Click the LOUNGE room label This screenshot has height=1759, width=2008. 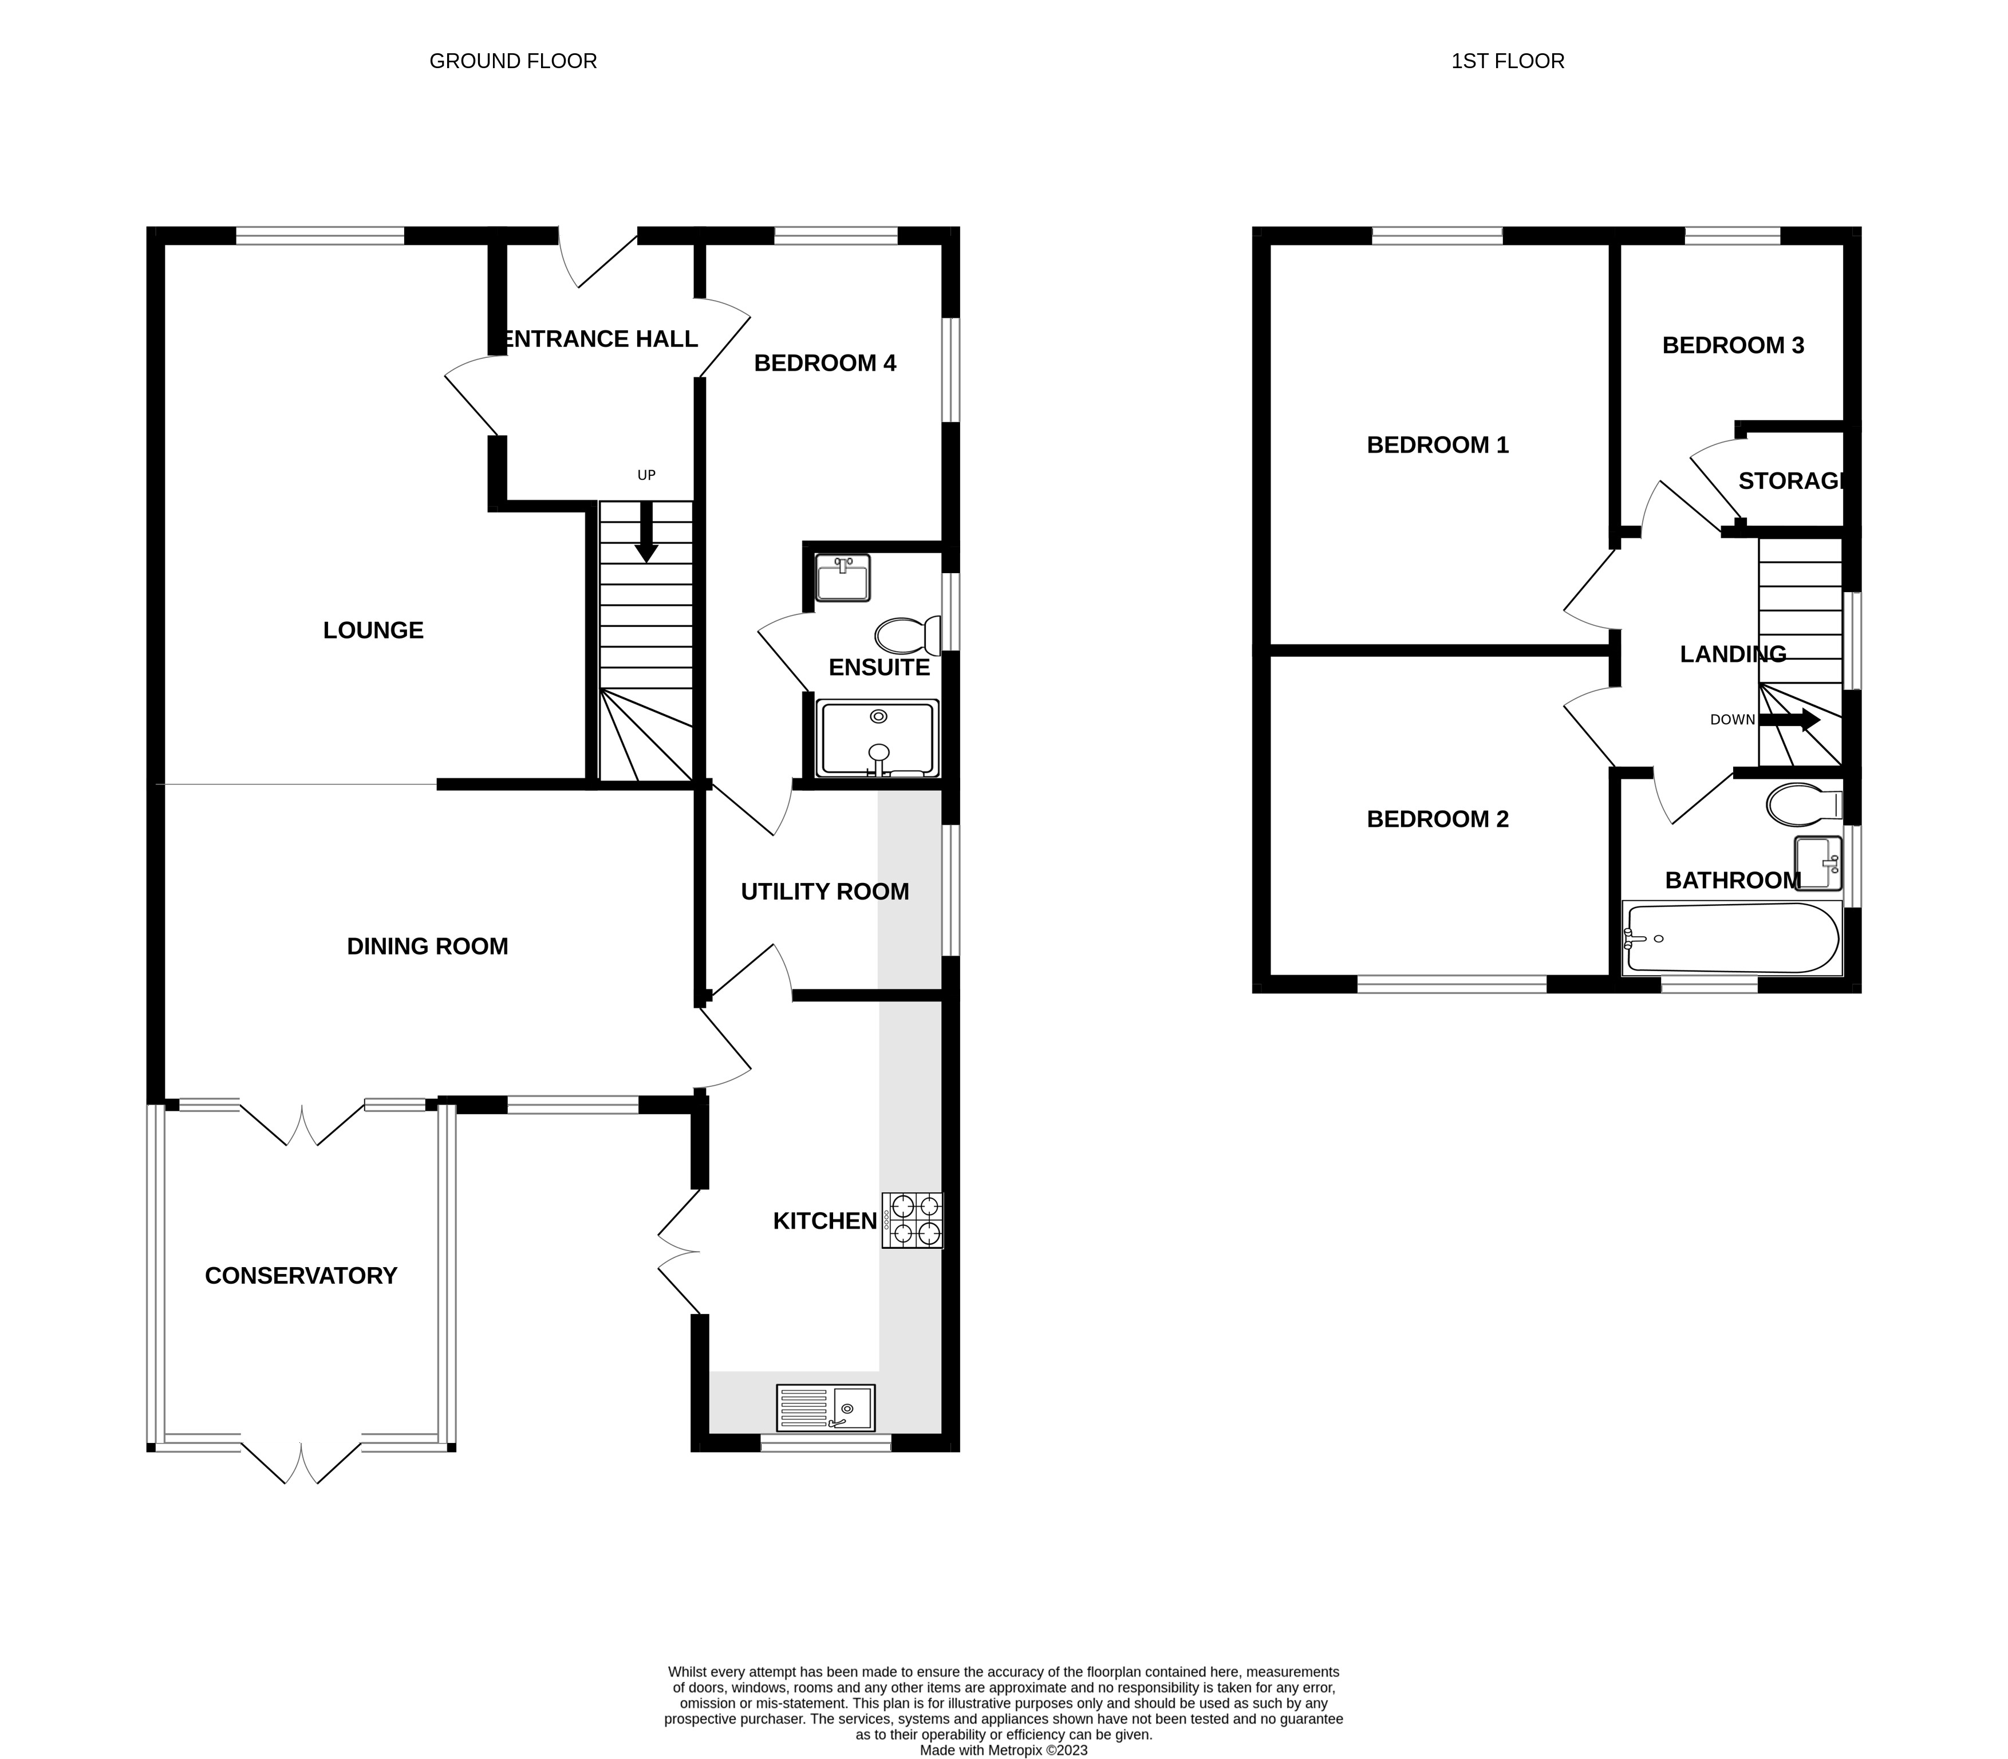[x=373, y=630]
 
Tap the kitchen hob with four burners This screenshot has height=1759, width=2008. [x=912, y=1220]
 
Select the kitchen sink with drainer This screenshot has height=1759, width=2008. [x=826, y=1407]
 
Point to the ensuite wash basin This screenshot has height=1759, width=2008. [x=843, y=577]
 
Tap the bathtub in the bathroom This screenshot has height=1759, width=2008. [x=1732, y=937]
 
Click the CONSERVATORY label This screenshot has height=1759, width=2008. [x=301, y=1275]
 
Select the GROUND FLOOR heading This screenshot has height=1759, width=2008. [x=513, y=61]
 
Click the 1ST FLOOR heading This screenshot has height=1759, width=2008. [x=1508, y=61]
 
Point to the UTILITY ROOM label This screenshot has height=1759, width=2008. [x=824, y=892]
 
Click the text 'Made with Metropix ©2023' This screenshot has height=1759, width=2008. [x=1003, y=1749]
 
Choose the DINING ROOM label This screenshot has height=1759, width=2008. [x=428, y=946]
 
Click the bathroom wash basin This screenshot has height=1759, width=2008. [x=1817, y=863]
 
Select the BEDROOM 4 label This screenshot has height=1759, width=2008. [x=824, y=363]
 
